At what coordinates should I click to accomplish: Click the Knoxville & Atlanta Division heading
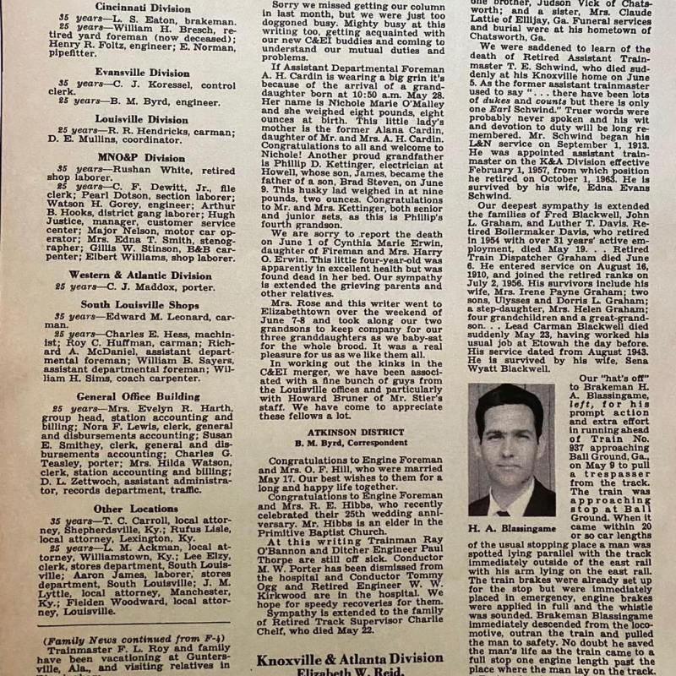coord(362,659)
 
